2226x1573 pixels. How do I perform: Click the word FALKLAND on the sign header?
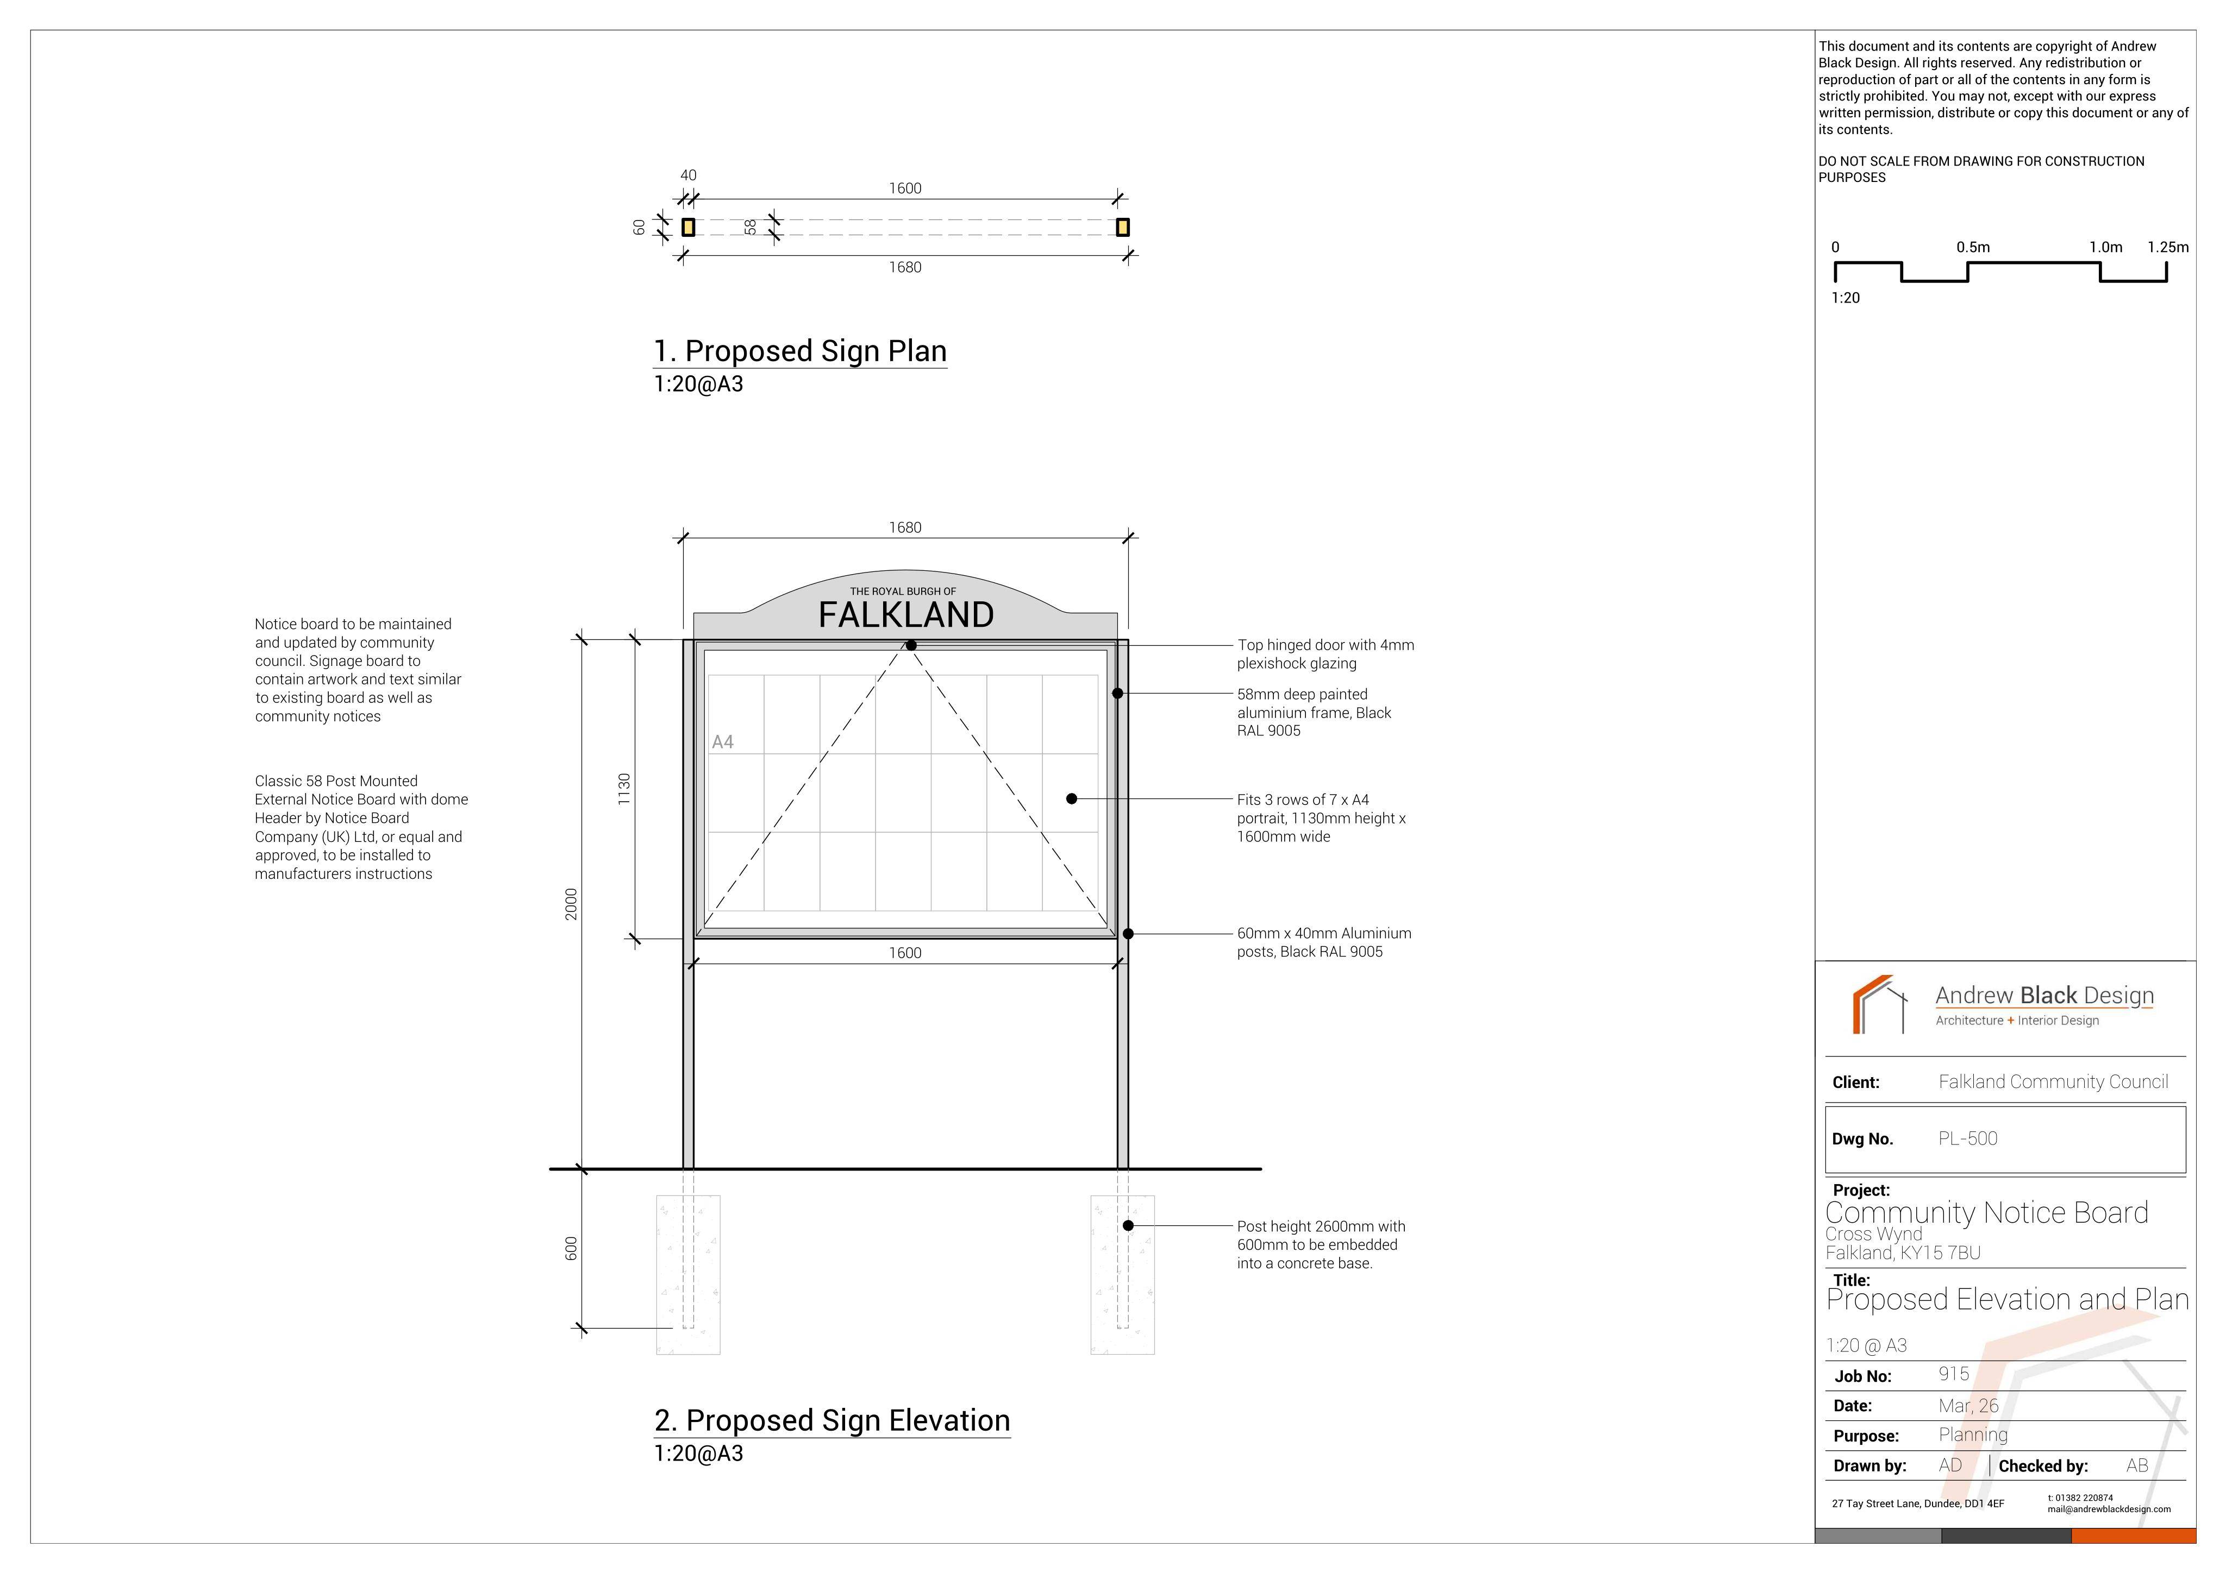point(905,614)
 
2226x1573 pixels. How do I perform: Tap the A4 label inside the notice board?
point(722,743)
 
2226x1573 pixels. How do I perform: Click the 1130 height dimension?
point(624,789)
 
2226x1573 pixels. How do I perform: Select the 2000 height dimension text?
point(571,904)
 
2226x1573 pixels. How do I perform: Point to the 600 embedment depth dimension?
point(571,1248)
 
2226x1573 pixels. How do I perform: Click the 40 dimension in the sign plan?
point(689,175)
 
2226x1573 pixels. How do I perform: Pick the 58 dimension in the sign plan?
point(751,227)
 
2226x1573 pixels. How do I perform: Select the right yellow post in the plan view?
point(1123,227)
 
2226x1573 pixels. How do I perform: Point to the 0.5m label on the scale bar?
point(1973,247)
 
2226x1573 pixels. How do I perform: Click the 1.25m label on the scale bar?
point(2168,247)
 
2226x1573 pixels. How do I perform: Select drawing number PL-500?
point(1968,1139)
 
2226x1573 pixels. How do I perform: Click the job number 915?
point(1954,1374)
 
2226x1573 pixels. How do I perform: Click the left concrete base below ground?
point(689,1274)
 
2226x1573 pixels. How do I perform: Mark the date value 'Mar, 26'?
point(1969,1405)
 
